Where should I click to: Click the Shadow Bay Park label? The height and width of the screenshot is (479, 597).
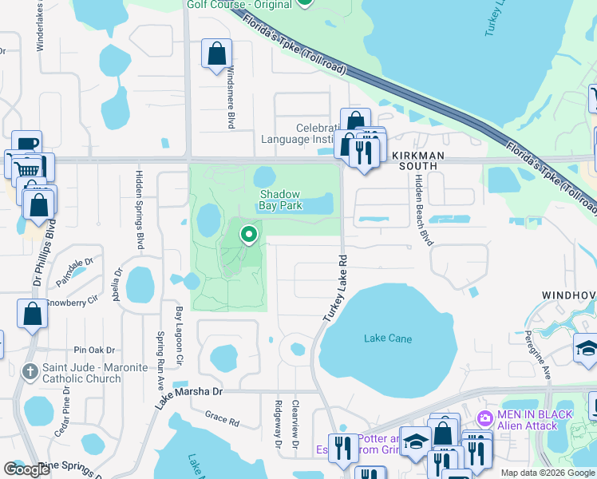279,200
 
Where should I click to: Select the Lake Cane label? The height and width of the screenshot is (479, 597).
388,338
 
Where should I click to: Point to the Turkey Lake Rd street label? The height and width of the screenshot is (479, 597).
336,288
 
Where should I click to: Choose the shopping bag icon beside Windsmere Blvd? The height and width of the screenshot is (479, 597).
216,54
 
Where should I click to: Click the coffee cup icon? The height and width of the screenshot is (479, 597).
26,144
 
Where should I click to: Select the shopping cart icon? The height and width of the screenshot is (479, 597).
28,168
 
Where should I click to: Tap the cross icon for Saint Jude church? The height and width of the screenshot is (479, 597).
30,372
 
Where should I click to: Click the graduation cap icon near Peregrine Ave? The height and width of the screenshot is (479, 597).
587,348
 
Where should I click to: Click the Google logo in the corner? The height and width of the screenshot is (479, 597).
26,469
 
